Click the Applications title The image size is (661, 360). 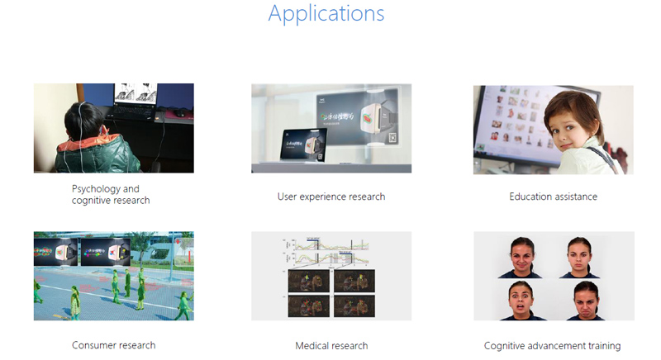pos(326,14)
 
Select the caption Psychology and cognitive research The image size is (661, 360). pos(111,195)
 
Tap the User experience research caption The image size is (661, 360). pos(331,197)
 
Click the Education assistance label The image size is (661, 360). pos(553,197)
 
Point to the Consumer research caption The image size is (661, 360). pos(114,345)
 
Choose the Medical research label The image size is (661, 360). pos(331,346)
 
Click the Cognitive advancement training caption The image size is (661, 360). pos(552,346)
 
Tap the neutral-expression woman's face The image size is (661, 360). pos(579,257)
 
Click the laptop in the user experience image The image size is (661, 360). pos(304,146)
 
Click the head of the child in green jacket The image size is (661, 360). pos(83,121)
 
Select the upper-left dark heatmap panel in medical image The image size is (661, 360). pos(308,282)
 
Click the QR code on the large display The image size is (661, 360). pos(393,137)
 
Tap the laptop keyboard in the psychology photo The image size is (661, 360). pos(131,111)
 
